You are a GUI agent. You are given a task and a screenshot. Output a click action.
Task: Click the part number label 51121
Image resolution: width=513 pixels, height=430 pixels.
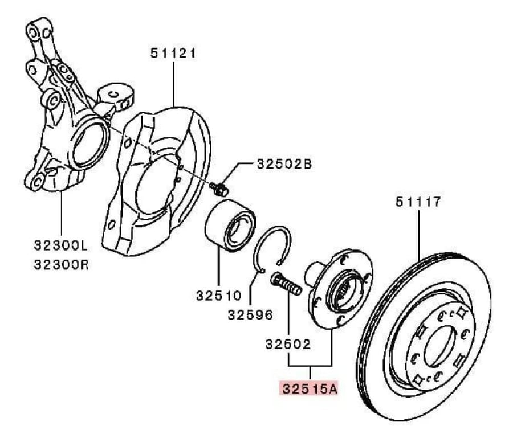click(x=173, y=54)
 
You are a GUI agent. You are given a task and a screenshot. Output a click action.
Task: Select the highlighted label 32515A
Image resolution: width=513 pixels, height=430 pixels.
click(x=310, y=389)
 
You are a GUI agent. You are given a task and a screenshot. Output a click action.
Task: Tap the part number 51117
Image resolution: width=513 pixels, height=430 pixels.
click(x=418, y=202)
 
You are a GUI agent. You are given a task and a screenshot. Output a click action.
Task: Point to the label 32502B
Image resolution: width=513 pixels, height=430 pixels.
click(x=284, y=164)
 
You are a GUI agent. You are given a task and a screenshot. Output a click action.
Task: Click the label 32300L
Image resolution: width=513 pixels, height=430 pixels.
click(x=61, y=245)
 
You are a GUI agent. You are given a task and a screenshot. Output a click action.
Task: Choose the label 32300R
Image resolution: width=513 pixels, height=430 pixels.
click(x=61, y=264)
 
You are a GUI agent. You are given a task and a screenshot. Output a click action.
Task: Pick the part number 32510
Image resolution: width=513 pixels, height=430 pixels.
click(x=218, y=296)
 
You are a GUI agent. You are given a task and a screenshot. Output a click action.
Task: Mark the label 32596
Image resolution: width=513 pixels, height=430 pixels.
click(x=250, y=315)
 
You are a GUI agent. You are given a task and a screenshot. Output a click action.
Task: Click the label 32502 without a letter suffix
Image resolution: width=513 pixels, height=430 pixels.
click(x=288, y=344)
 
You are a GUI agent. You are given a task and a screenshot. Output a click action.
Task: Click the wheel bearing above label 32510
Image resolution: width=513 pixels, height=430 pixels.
click(x=230, y=226)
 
